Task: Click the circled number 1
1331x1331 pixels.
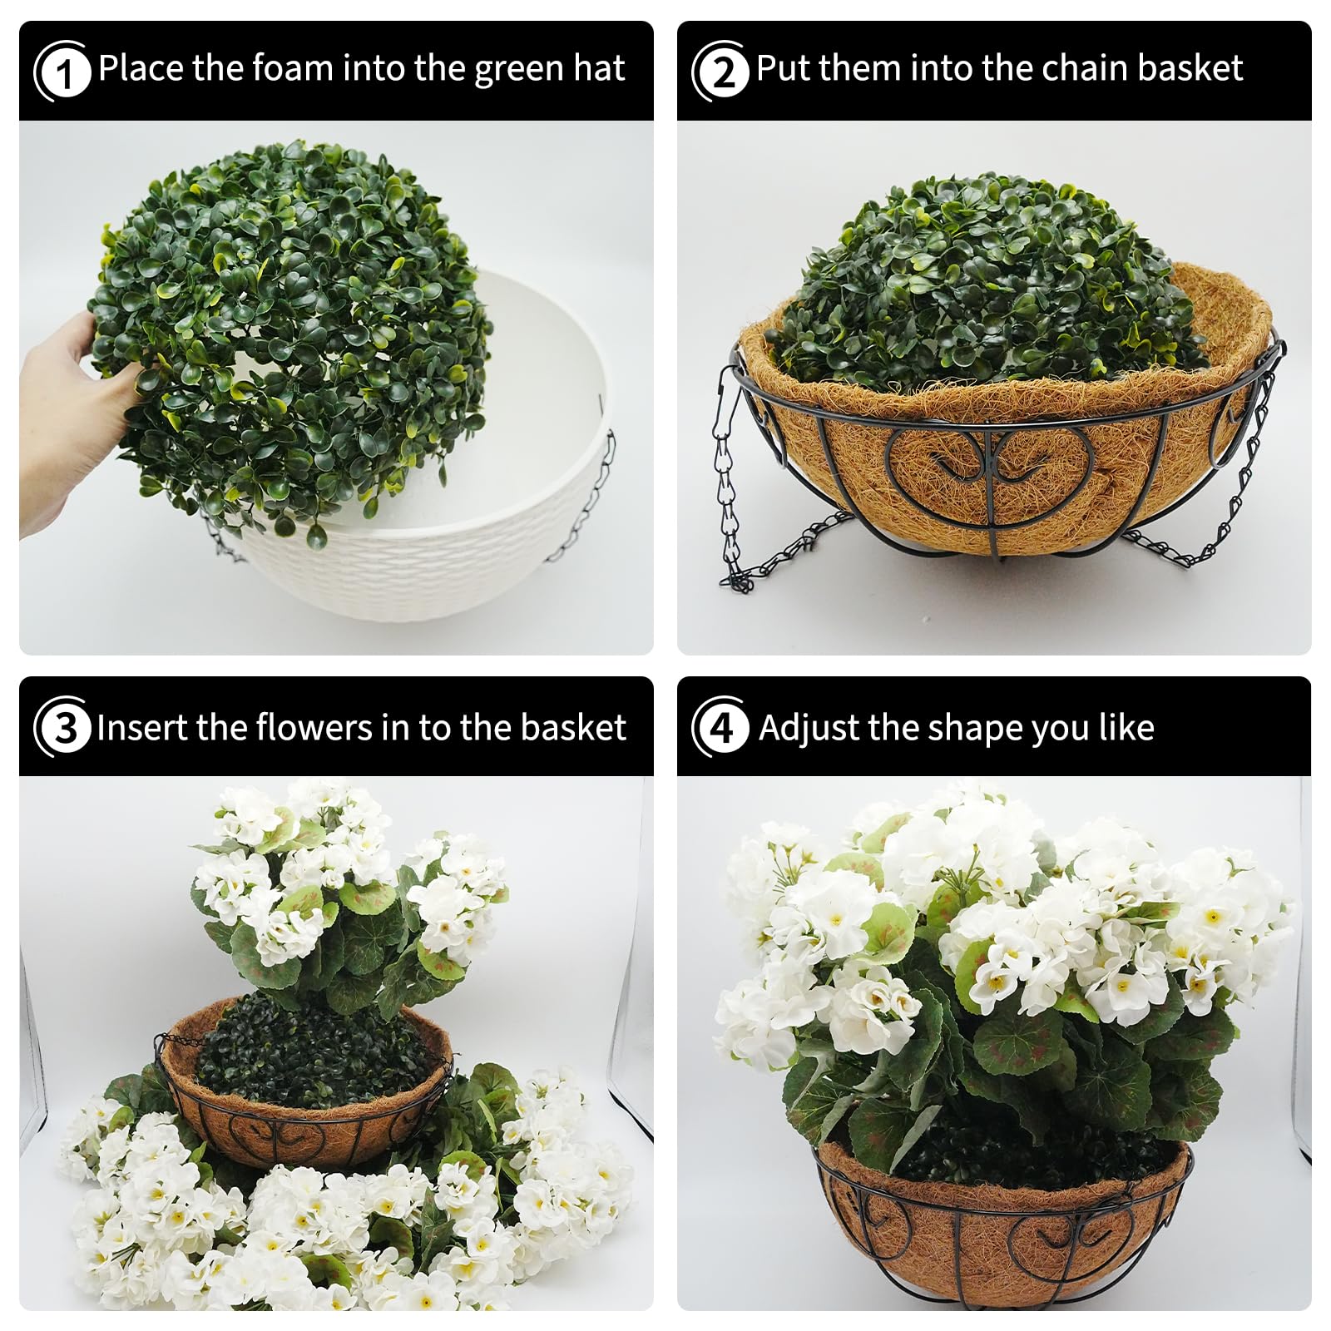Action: click(x=62, y=71)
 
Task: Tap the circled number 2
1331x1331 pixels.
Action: click(x=720, y=71)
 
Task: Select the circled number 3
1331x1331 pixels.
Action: click(x=62, y=727)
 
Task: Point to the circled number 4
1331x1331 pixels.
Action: click(x=720, y=727)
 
